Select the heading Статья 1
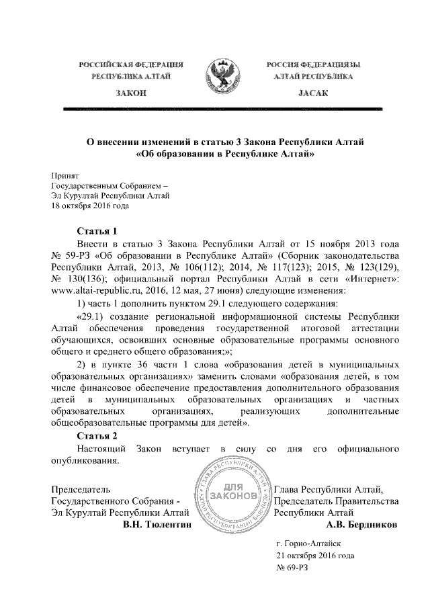(98, 230)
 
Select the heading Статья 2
(98, 436)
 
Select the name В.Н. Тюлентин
(157, 523)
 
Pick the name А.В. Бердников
(360, 523)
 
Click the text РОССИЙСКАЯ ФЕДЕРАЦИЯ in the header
(132, 64)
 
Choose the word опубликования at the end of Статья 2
(85, 461)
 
